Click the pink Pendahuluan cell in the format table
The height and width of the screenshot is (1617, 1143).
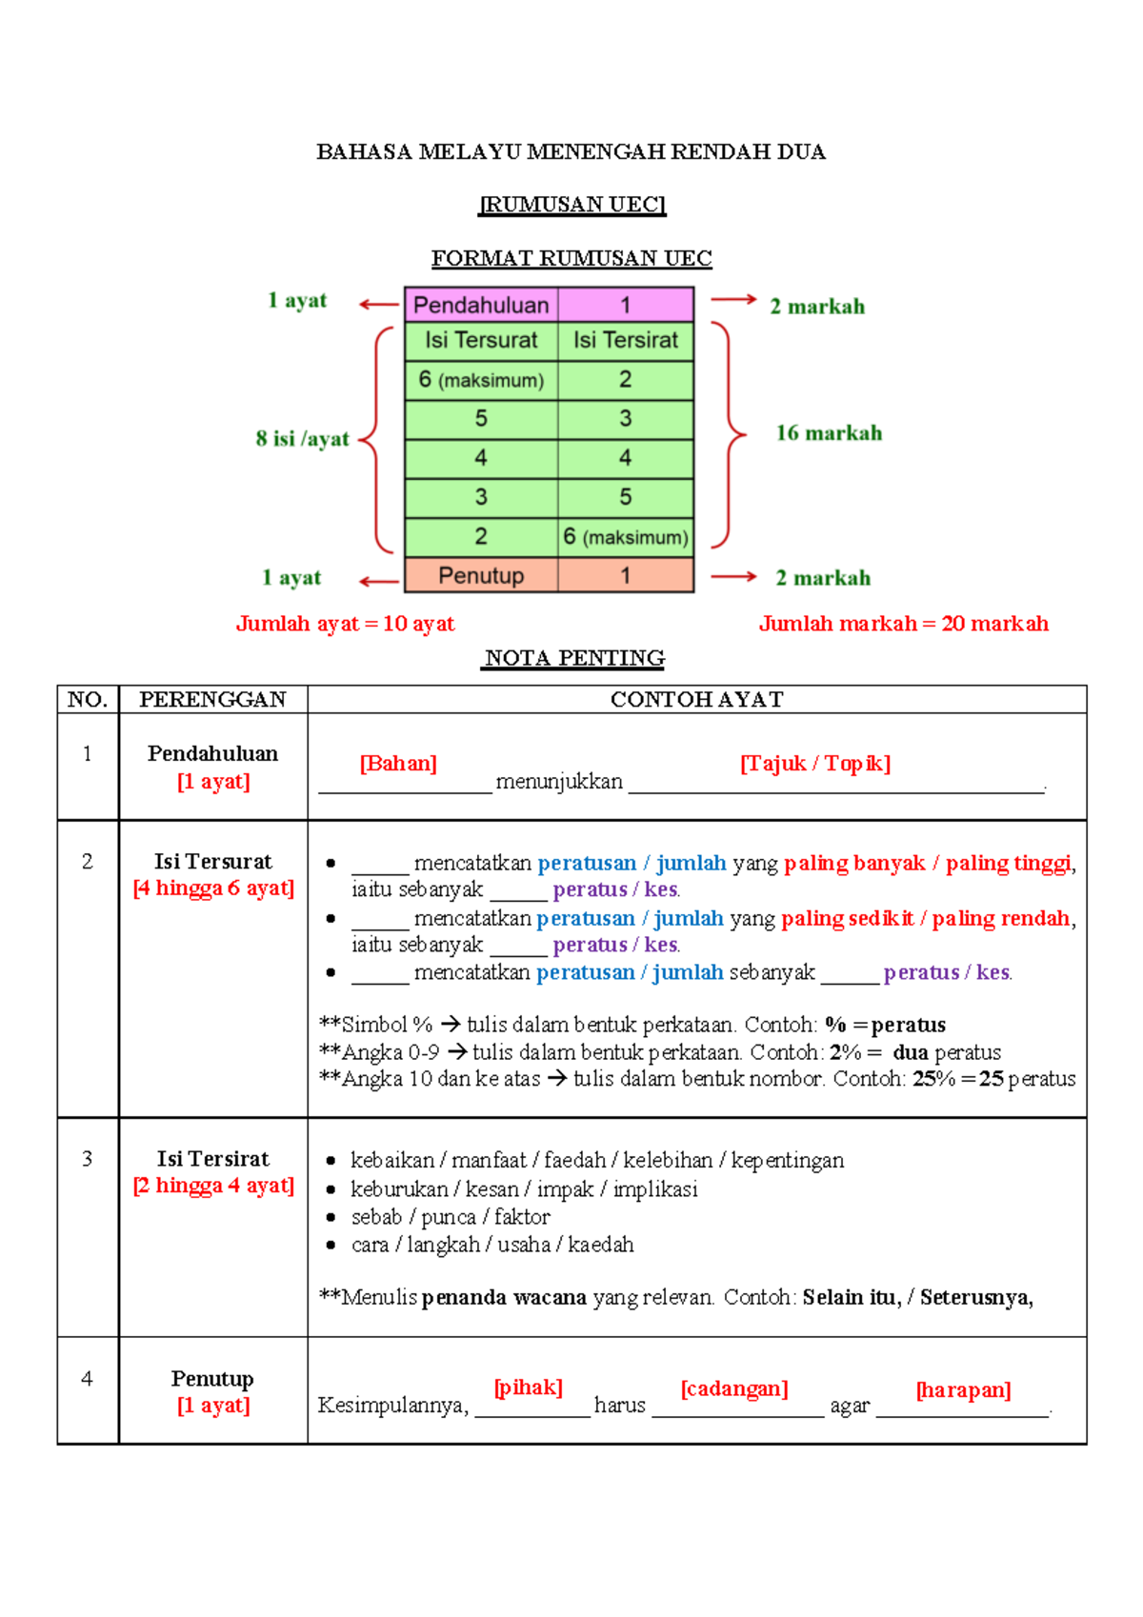click(x=481, y=305)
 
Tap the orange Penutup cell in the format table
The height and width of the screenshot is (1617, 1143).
click(x=481, y=576)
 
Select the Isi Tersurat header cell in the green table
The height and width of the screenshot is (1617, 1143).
click(x=481, y=340)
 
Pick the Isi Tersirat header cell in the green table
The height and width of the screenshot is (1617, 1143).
click(x=626, y=340)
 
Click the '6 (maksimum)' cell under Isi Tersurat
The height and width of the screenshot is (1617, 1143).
click(x=481, y=380)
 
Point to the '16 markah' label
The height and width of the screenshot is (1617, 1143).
click(x=829, y=433)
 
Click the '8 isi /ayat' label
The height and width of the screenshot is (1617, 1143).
click(x=302, y=439)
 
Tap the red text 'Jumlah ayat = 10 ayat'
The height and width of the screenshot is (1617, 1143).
click(x=345, y=624)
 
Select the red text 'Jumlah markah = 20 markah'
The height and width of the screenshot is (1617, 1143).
click(x=903, y=624)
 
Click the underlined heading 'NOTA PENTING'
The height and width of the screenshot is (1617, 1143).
click(x=574, y=658)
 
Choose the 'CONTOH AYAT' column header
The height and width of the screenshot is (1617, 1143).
click(x=696, y=700)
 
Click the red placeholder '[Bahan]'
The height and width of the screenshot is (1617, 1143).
click(x=398, y=764)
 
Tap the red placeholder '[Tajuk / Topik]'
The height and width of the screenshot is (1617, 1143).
click(x=815, y=764)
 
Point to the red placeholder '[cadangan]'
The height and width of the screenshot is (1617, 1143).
click(x=734, y=1388)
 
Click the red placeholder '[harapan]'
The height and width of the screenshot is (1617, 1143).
click(x=963, y=1390)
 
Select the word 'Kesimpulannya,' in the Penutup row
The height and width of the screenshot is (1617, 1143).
click(x=393, y=1406)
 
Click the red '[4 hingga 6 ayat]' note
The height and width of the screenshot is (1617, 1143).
click(x=213, y=888)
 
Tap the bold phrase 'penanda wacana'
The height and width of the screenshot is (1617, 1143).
click(x=504, y=1297)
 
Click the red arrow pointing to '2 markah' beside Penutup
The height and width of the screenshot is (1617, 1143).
click(x=733, y=576)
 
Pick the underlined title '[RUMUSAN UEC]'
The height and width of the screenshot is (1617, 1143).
click(x=571, y=205)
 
